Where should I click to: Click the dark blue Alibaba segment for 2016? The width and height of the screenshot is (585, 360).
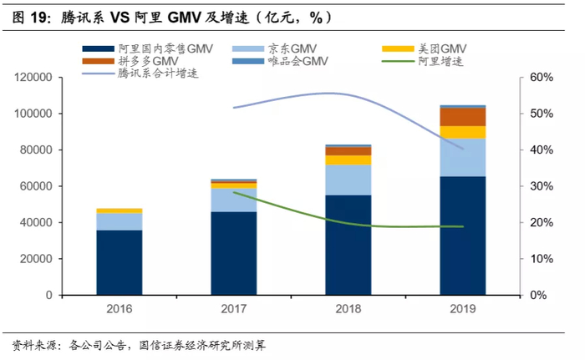tap(119, 262)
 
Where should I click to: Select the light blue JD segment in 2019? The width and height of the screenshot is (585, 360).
tap(463, 157)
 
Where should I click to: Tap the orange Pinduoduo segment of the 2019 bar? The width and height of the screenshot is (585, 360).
tap(463, 117)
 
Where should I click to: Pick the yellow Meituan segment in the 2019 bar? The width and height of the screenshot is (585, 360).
tap(463, 132)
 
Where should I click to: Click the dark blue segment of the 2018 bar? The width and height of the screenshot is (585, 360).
tap(348, 245)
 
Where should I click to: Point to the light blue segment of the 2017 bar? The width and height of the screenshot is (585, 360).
tap(233, 200)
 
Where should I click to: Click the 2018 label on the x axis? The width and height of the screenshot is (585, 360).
tap(348, 309)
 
